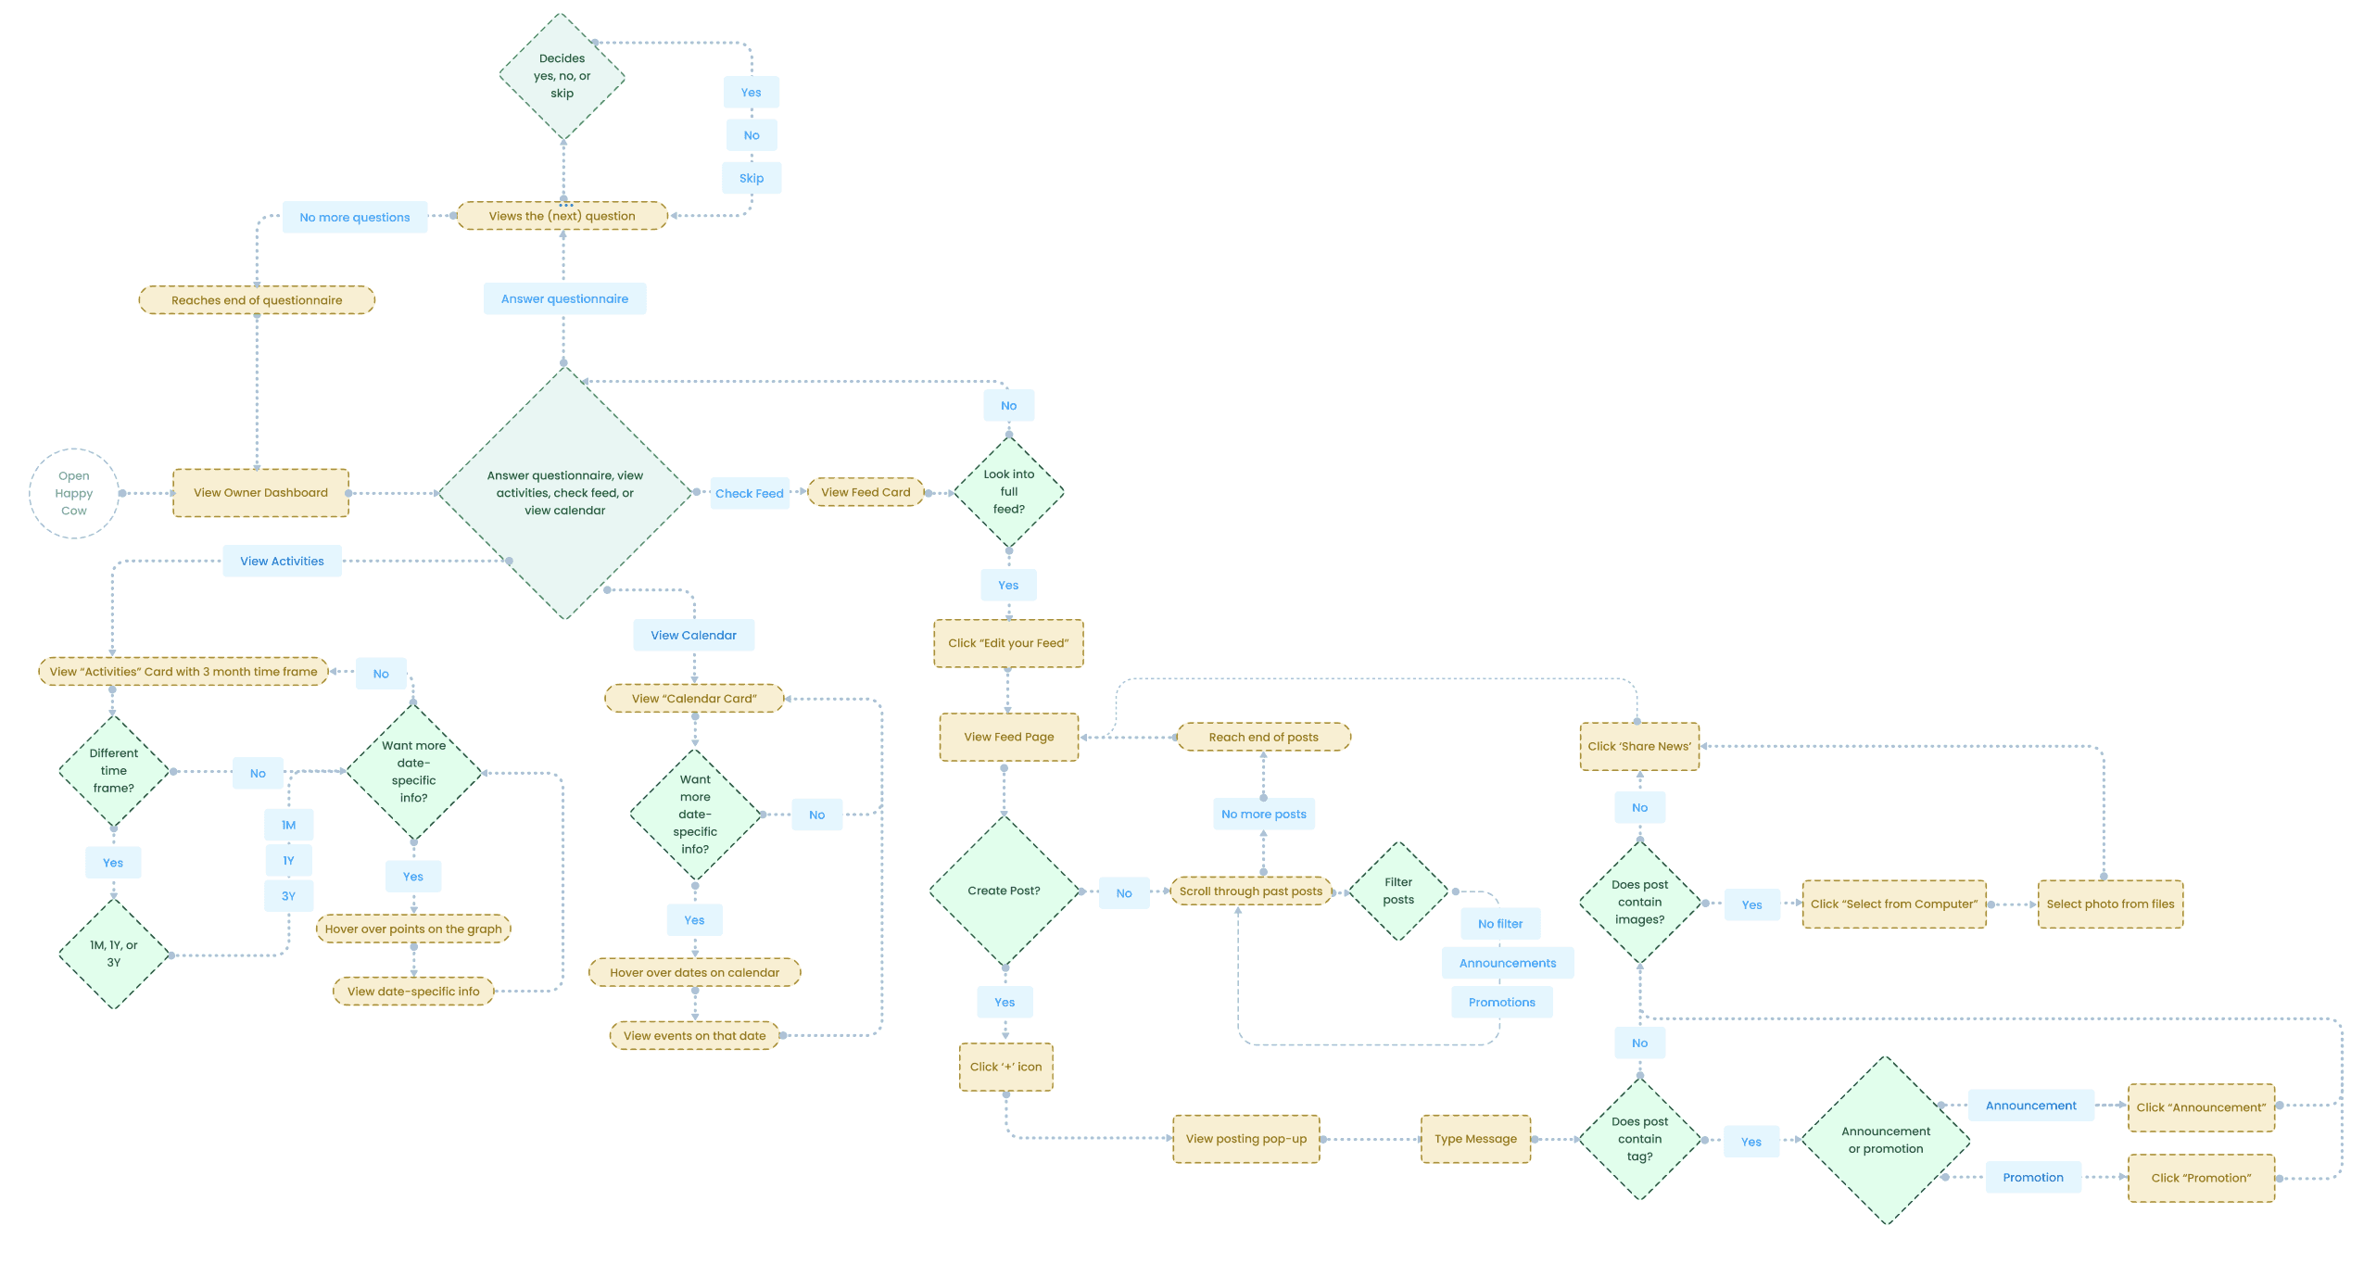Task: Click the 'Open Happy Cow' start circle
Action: [74, 493]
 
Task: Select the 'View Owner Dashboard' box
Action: [260, 493]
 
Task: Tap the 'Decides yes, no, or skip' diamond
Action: [562, 76]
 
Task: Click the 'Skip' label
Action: [752, 178]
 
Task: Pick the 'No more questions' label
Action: [354, 218]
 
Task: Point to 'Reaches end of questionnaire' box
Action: [257, 300]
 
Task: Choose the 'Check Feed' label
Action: [749, 494]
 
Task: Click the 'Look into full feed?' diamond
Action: [1008, 492]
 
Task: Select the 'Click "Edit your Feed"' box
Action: [1008, 643]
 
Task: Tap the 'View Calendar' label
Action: [693, 636]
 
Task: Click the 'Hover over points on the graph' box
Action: [413, 929]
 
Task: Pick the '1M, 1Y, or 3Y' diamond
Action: [114, 954]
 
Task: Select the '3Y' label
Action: [289, 896]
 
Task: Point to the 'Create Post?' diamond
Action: [1004, 891]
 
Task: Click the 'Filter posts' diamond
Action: [1398, 891]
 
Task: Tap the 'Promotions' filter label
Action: [1501, 1003]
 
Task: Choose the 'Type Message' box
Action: [1475, 1139]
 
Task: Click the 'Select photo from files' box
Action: [2110, 904]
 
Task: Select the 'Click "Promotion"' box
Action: [2201, 1179]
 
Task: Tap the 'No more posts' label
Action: [1263, 815]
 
